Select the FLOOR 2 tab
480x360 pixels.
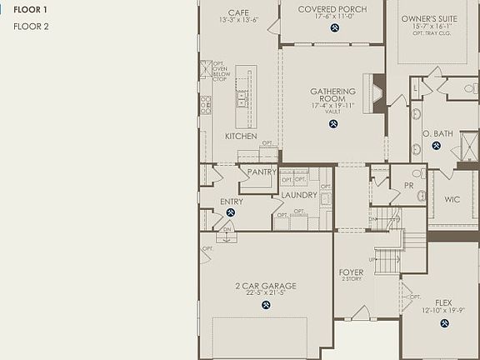[x=32, y=27]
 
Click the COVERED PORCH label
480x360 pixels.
[x=332, y=9]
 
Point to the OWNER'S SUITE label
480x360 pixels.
[x=430, y=17]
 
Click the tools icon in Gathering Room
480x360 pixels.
[x=333, y=125]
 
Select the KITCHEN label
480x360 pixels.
[x=241, y=136]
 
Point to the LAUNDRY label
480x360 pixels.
[x=298, y=195]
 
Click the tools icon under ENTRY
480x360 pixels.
[x=231, y=212]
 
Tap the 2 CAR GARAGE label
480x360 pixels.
[x=266, y=286]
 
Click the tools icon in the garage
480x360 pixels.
[x=266, y=305]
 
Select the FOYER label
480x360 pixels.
[x=351, y=272]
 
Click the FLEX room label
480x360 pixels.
[x=443, y=302]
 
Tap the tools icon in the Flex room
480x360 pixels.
[x=443, y=322]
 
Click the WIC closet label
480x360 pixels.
[x=452, y=200]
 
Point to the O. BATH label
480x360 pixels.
[x=437, y=133]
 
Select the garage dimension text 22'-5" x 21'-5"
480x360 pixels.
[x=266, y=293]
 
